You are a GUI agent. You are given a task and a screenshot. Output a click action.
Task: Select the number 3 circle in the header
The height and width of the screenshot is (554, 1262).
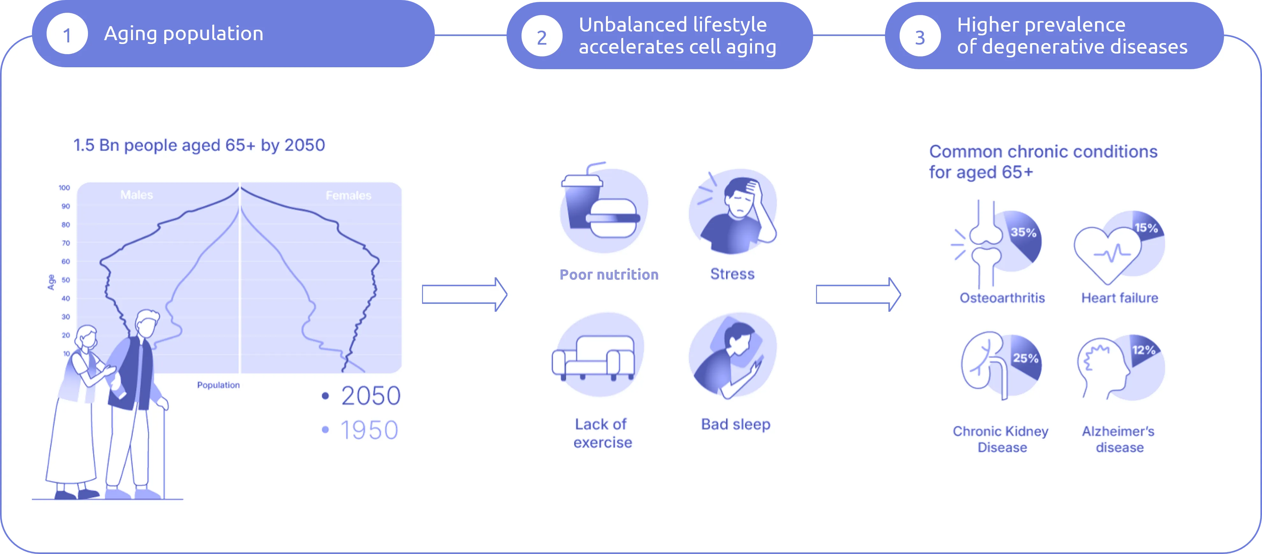[x=920, y=37]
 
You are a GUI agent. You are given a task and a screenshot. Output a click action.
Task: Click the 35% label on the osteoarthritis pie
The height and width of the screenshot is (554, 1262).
[x=1024, y=232]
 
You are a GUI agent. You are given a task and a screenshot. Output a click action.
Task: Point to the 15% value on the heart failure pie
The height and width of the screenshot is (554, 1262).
[x=1146, y=228]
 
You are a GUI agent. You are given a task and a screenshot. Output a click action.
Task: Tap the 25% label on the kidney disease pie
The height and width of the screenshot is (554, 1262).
[x=1025, y=358]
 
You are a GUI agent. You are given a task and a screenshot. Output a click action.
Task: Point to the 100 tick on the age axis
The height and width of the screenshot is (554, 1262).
[x=64, y=188]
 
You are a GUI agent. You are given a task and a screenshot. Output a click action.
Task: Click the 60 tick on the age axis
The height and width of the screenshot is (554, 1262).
[x=66, y=262]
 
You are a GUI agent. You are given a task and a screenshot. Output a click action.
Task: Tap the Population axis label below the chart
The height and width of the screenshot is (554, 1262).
[x=218, y=385]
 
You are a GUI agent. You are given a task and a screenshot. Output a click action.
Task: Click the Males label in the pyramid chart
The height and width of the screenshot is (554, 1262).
[x=137, y=195]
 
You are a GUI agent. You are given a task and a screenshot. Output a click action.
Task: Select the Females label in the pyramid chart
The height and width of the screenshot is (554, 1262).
[x=348, y=195]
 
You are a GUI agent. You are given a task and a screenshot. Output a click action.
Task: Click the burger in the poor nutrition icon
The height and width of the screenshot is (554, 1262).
[x=613, y=218]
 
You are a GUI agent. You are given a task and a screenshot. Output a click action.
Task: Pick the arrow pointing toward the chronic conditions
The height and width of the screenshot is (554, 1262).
[x=858, y=295]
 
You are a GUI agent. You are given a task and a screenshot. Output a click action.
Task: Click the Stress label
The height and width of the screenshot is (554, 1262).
[x=733, y=274]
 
